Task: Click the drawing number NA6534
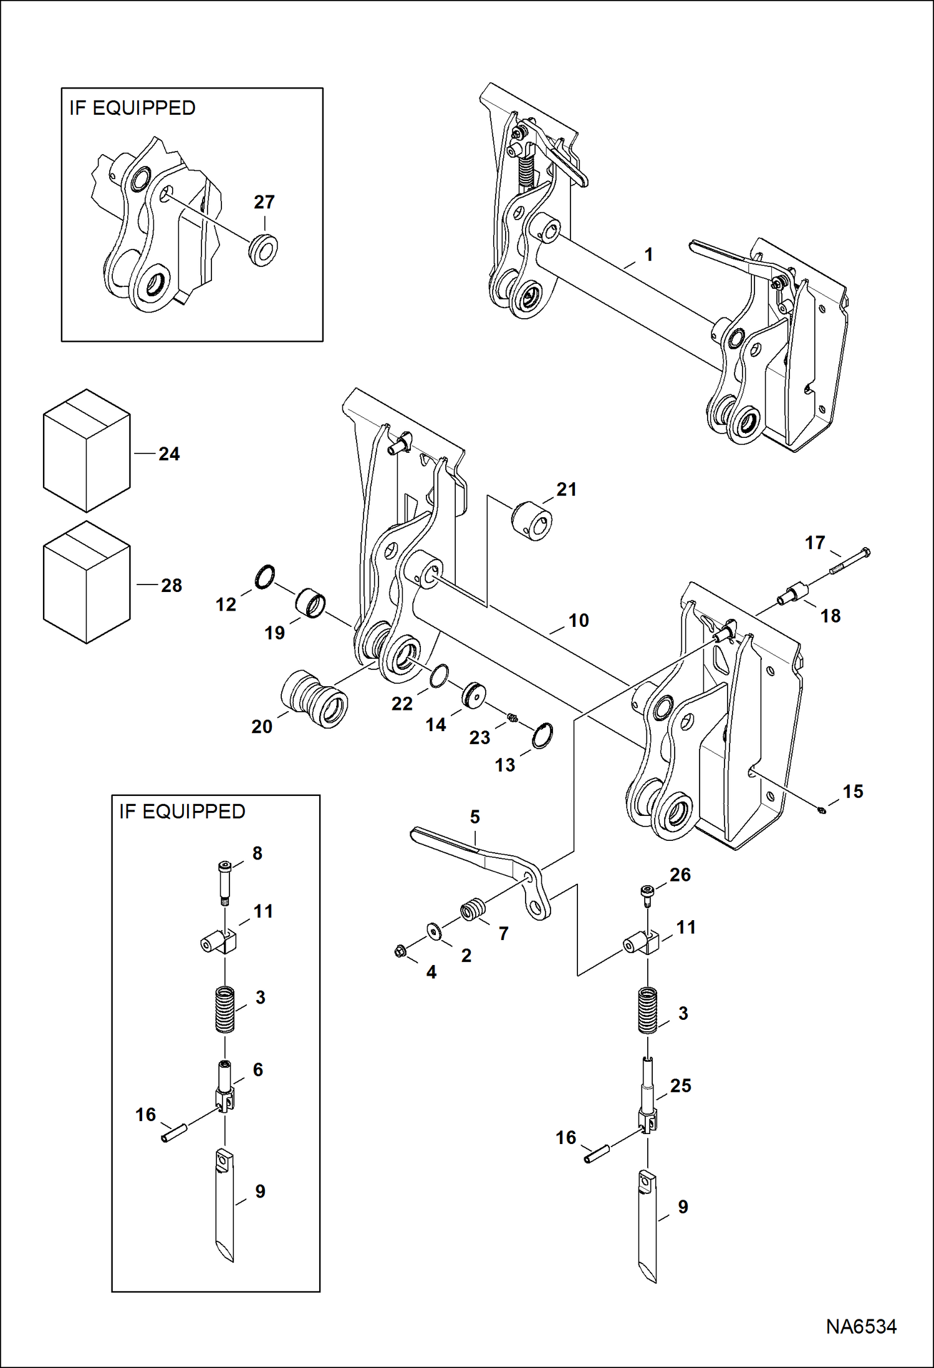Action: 861,1326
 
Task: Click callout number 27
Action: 264,202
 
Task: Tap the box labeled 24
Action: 87,450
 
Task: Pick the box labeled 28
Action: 87,582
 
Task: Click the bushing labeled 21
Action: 532,520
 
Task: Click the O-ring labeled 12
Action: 265,577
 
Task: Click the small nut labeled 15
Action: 822,810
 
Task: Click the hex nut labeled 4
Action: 401,951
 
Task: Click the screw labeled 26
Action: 647,893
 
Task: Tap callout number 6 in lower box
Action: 258,1069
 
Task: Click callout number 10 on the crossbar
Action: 578,620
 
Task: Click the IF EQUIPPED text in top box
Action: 132,108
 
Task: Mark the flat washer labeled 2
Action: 433,930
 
